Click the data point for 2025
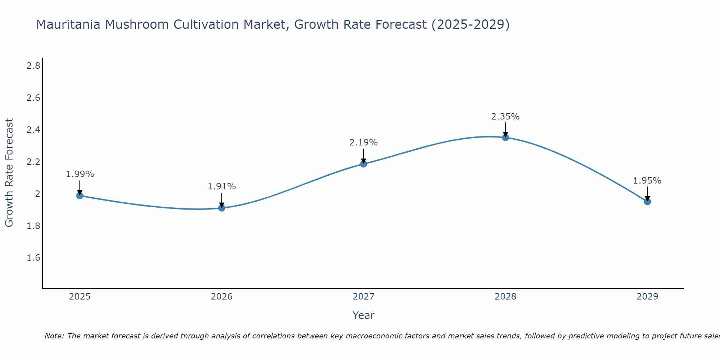click(x=80, y=195)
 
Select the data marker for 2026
click(x=221, y=208)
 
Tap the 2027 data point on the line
click(x=364, y=164)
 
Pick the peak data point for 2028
click(x=505, y=137)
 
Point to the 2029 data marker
click(x=647, y=202)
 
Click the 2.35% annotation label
click(x=505, y=117)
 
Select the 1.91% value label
click(x=221, y=186)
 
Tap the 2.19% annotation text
click(x=364, y=143)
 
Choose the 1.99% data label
click(x=80, y=174)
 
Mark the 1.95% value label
click(x=647, y=181)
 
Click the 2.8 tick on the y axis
click(x=33, y=66)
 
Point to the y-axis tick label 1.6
click(x=33, y=258)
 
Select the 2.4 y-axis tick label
click(x=33, y=130)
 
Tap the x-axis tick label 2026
click(x=221, y=297)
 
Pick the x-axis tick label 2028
click(x=505, y=297)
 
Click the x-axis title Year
click(x=364, y=315)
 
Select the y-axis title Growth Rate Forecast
click(x=9, y=173)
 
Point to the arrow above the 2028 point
click(x=505, y=130)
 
